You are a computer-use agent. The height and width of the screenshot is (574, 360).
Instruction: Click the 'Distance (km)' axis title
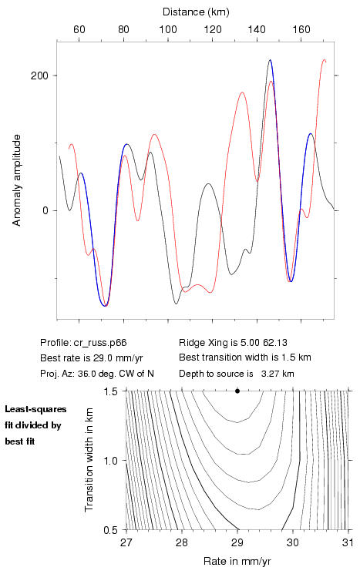[x=196, y=12]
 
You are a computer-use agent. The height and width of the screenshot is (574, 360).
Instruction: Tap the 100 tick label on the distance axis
[x=168, y=29]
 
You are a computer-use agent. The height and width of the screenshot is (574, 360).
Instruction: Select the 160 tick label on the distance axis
[x=301, y=29]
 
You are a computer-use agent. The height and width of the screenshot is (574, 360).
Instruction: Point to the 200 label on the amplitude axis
[x=39, y=76]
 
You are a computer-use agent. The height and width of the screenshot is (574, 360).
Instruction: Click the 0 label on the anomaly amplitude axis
[x=45, y=211]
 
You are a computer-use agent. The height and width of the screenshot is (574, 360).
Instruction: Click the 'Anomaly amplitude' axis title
[x=17, y=180]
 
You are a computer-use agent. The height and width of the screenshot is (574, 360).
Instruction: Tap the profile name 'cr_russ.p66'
[x=100, y=343]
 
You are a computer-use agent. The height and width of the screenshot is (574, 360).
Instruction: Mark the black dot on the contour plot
[x=237, y=391]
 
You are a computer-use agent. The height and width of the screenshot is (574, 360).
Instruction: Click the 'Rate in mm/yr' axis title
[x=237, y=561]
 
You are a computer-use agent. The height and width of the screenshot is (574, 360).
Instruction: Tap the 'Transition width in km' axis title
[x=89, y=460]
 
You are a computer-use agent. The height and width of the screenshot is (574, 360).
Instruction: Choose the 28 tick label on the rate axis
[x=182, y=542]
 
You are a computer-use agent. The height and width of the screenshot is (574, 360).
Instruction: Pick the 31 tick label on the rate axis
[x=348, y=542]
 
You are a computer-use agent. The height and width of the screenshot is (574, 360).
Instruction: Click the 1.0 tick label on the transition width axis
[x=110, y=461]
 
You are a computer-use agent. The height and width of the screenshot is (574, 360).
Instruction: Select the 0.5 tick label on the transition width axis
[x=110, y=530]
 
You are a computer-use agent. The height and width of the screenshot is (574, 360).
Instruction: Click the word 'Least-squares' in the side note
[x=35, y=409]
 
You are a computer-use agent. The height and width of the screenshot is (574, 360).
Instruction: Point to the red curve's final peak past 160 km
[x=324, y=59]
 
